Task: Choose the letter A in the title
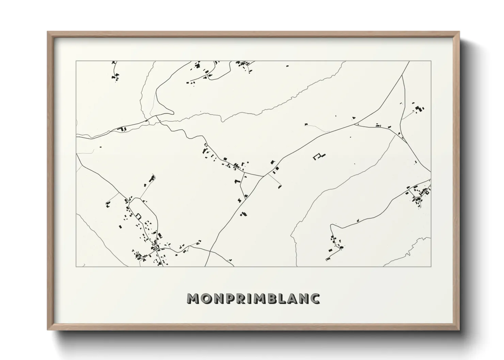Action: (293, 298)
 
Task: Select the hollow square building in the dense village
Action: (138, 216)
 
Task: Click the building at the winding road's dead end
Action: (328, 259)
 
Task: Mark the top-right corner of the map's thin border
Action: (431, 61)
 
